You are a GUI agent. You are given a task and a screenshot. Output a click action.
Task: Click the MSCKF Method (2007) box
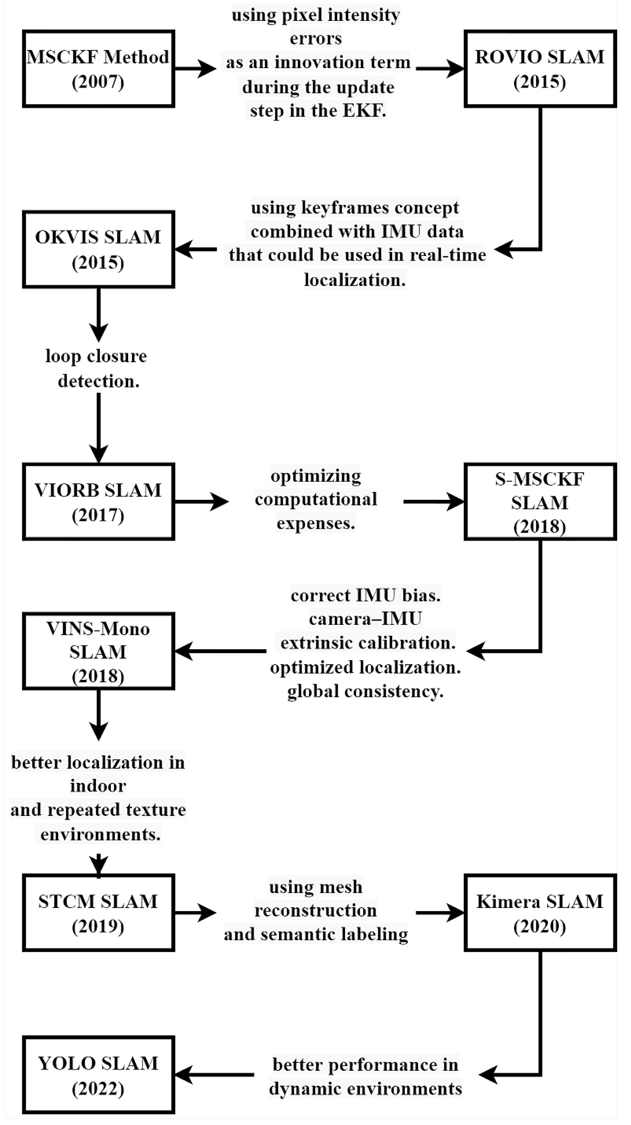click(x=98, y=69)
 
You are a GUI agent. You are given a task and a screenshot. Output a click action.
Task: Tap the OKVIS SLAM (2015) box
click(x=98, y=249)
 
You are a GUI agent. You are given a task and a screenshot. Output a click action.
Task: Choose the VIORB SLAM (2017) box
click(x=98, y=502)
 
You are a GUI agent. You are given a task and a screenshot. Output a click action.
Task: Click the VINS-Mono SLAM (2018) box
click(x=98, y=651)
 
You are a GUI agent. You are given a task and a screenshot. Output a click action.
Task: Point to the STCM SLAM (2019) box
click(x=98, y=913)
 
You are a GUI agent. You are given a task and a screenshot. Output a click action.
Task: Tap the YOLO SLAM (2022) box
click(x=98, y=1075)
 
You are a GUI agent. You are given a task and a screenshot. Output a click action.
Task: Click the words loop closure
click(x=96, y=356)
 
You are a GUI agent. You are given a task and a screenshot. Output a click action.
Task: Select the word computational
click(x=316, y=499)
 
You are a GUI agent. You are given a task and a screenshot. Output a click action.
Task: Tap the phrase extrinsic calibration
click(x=368, y=643)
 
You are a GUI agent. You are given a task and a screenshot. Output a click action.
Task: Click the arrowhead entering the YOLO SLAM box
click(x=183, y=1075)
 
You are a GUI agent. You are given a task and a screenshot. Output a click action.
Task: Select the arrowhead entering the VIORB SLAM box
click(x=98, y=454)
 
